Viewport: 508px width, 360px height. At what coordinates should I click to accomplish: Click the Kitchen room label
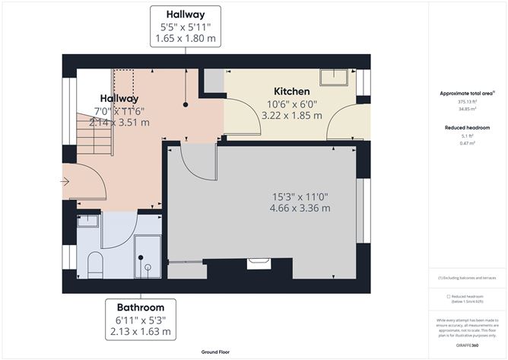click(x=291, y=91)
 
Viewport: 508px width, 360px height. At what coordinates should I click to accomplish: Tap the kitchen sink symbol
click(x=334, y=76)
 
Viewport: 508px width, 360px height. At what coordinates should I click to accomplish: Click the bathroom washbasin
click(x=88, y=220)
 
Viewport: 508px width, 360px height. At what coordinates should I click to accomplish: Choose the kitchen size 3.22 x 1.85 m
click(x=291, y=115)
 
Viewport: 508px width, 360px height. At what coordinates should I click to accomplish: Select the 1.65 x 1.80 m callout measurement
click(x=186, y=37)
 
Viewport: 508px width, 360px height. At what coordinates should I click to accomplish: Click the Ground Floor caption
click(x=216, y=352)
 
